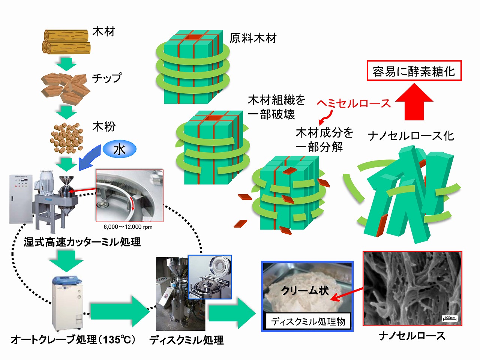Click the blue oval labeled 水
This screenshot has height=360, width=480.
coord(119,150)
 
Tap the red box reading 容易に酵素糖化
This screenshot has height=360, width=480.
coord(414,71)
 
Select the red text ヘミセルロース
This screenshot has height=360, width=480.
coord(354,103)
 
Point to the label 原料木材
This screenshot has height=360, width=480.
coord(253,38)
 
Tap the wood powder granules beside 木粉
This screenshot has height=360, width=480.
coord(67,138)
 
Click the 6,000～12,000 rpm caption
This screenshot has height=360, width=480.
coord(128,227)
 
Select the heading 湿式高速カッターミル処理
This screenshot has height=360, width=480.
coord(82,242)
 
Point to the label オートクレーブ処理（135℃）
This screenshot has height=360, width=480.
coord(73,340)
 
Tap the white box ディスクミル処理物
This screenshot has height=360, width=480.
coord(308,321)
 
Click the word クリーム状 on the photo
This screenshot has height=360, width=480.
coord(305,291)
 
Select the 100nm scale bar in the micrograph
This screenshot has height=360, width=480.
coord(450,318)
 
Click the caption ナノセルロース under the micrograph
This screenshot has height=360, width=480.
coord(412,336)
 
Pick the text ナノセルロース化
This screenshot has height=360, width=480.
coord(411,136)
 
